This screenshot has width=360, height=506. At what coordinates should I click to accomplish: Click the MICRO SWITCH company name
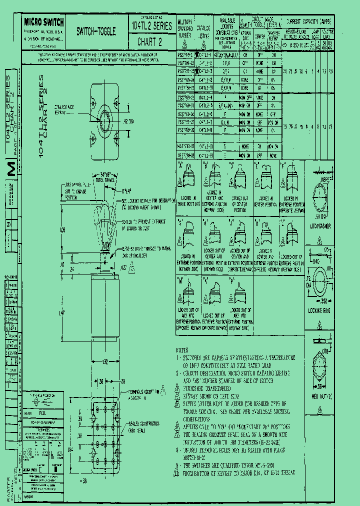[43, 22]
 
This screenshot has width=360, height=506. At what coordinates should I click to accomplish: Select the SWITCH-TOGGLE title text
[96, 31]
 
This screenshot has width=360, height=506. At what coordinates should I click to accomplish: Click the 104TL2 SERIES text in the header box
[151, 25]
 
